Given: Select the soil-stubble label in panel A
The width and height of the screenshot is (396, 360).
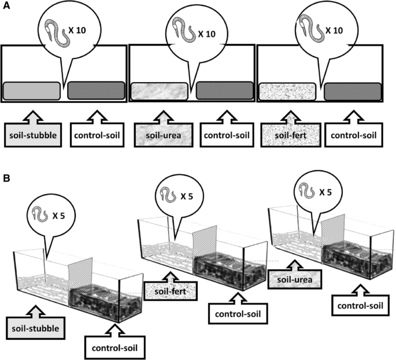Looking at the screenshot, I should tap(32, 138).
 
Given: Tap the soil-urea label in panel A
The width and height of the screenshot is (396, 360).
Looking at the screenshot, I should tap(160, 138).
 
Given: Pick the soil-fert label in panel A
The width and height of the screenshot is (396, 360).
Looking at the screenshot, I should tap(287, 138).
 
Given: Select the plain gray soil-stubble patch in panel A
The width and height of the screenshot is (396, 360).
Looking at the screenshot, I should tap(32, 91).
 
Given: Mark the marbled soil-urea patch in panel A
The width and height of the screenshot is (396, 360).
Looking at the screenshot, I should tap(160, 91).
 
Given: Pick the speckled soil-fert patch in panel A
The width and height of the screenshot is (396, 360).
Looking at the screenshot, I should tap(287, 91).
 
